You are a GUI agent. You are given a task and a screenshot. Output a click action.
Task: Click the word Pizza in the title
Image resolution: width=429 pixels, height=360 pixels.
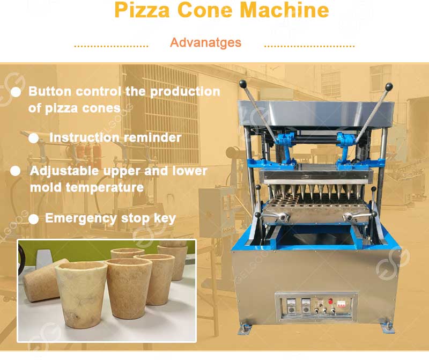click(x=142, y=10)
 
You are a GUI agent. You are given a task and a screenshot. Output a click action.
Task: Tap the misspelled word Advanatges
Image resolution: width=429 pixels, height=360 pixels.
click(x=205, y=42)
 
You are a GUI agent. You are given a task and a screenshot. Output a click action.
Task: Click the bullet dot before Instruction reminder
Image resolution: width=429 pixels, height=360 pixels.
click(x=34, y=138)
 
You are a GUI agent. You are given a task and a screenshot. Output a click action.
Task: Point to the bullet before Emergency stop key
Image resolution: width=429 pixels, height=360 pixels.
click(x=34, y=219)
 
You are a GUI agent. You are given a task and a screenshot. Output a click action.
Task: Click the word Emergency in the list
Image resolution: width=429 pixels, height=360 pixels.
click(x=81, y=219)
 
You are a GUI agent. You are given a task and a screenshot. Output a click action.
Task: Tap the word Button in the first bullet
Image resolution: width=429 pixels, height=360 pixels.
click(x=50, y=91)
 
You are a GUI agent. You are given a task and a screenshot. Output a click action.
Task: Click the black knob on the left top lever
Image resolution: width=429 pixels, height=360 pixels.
click(x=242, y=83)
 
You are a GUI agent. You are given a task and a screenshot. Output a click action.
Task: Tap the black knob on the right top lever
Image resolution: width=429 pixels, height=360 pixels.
click(x=389, y=86)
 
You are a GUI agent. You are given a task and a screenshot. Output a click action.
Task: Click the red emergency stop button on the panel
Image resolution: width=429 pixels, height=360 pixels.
click(x=330, y=301)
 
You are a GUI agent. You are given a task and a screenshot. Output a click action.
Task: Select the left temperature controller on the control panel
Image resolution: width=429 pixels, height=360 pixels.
click(x=291, y=306)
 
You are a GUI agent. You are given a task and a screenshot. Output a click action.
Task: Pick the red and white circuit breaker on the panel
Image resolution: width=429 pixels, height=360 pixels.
click(x=341, y=304)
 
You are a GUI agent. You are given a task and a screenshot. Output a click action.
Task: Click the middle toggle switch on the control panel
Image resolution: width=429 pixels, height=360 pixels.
click(x=324, y=311)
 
